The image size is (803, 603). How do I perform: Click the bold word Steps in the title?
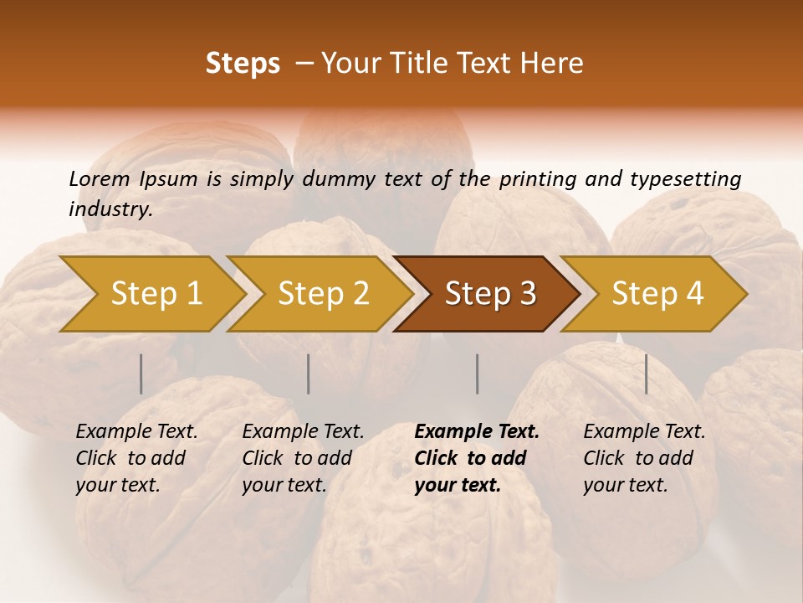point(243,64)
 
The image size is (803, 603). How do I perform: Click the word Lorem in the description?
point(100,178)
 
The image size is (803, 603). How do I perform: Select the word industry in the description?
point(110,209)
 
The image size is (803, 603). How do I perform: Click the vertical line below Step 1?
point(141,374)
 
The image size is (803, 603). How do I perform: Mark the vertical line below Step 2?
point(309,374)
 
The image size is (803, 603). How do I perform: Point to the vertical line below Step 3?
point(477,374)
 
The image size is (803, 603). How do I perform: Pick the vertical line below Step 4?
point(647,374)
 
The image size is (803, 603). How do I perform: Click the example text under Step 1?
point(136,458)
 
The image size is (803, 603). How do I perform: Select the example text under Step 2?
point(303,458)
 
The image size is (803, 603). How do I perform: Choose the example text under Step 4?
point(644,458)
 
